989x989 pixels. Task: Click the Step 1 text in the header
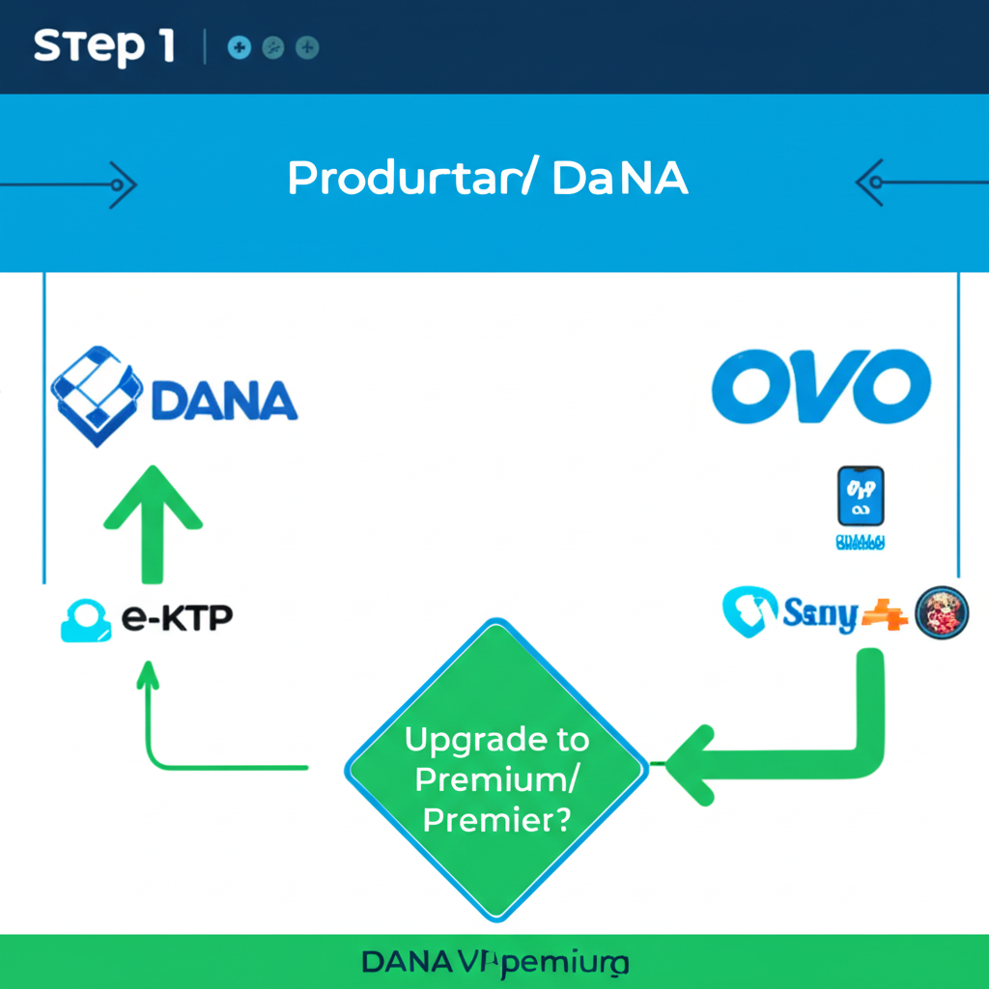coord(103,46)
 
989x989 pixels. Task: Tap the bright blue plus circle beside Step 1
coord(240,46)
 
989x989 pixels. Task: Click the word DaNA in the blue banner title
coord(620,180)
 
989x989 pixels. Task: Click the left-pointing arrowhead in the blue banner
coord(869,182)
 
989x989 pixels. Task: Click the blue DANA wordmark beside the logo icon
coord(224,401)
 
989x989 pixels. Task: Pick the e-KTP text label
coord(178,619)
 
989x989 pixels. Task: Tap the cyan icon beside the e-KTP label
coord(86,621)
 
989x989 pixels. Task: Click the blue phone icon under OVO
coord(861,496)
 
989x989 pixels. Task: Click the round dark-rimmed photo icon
coord(941,612)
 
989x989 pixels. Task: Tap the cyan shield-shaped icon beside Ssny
coord(750,612)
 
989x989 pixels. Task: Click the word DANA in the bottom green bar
coord(406,962)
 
